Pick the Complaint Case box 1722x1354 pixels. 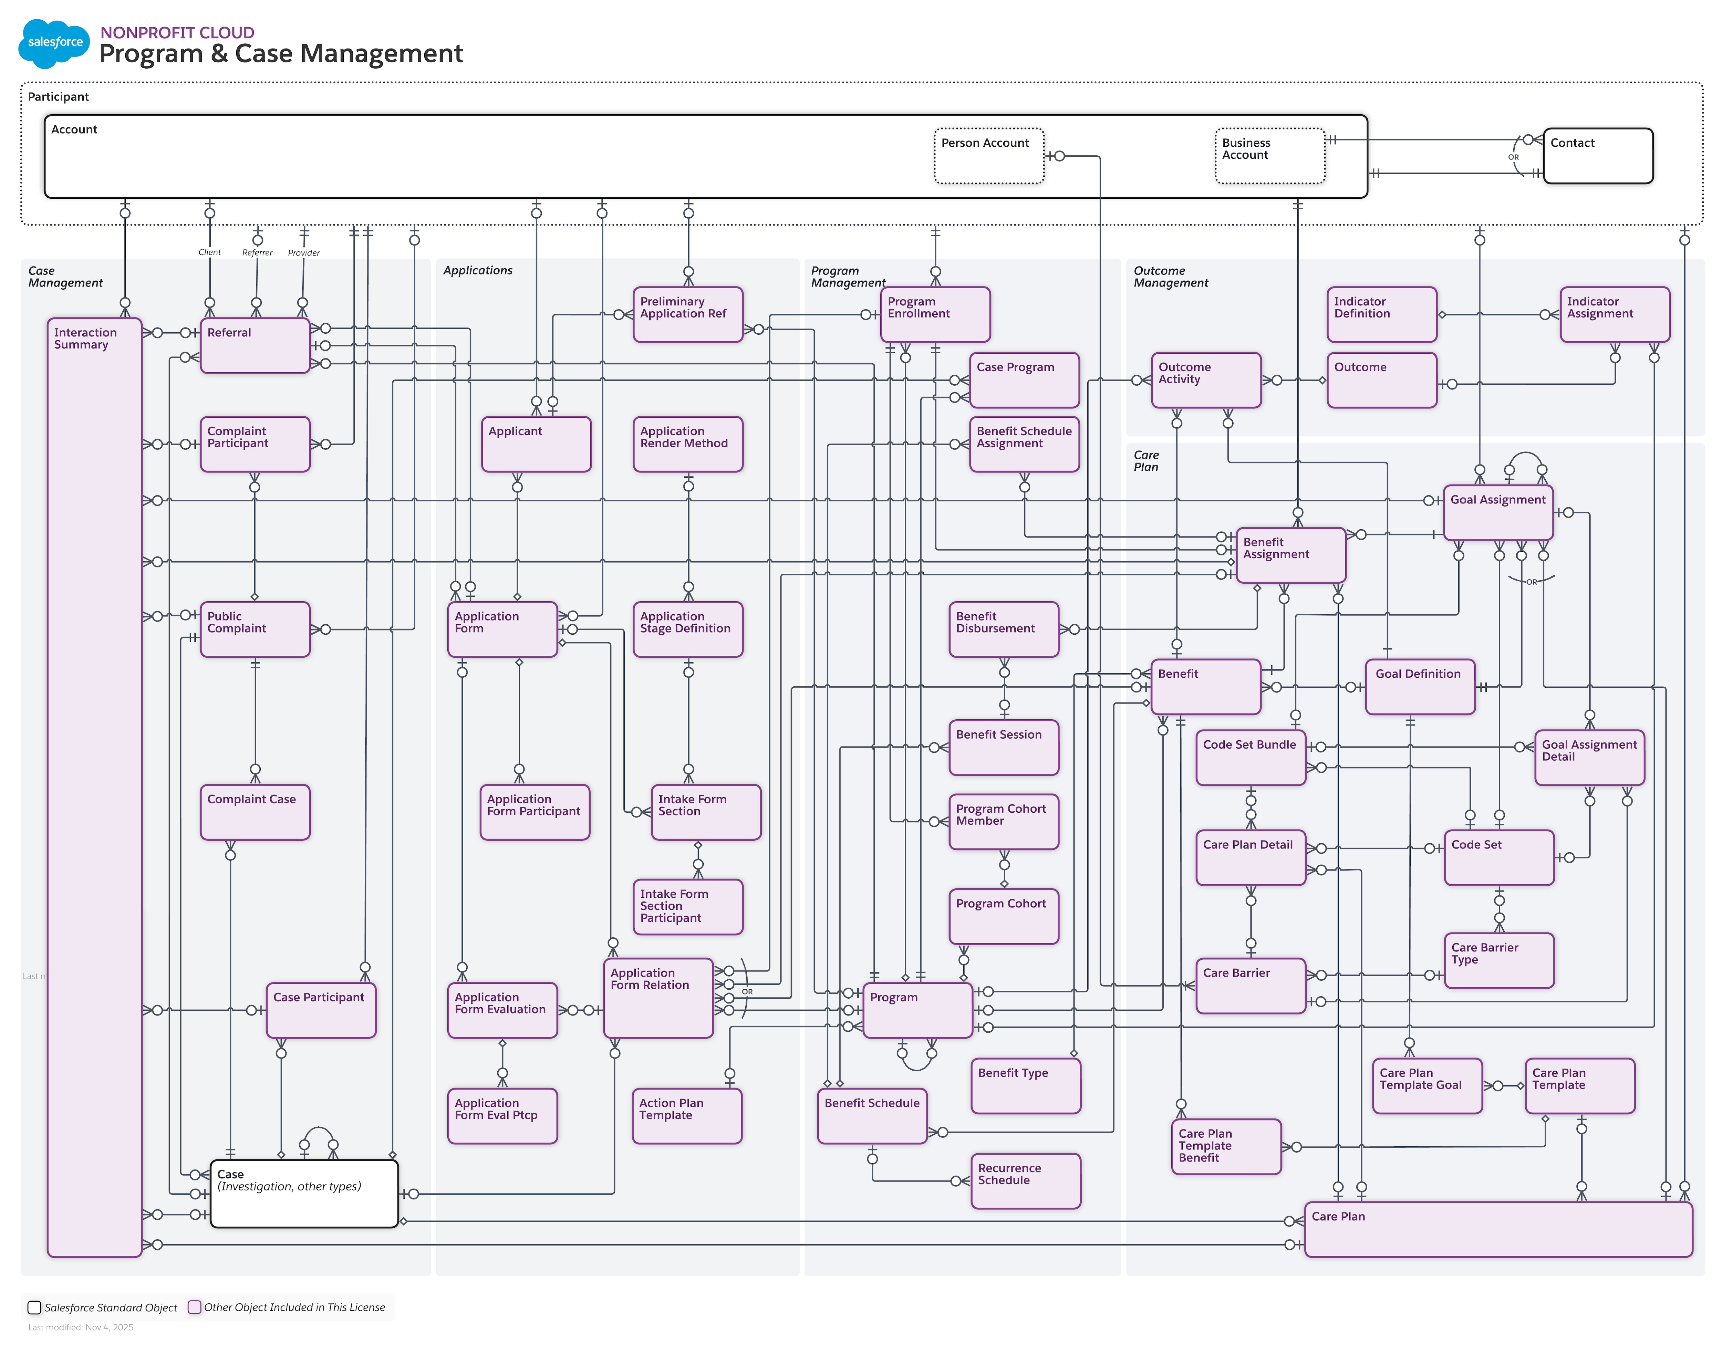click(x=255, y=812)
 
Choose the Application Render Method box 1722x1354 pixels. click(x=687, y=444)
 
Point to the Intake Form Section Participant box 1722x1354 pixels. click(x=687, y=906)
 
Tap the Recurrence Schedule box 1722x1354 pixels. click(x=1025, y=1180)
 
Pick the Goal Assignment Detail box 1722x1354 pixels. click(x=1589, y=757)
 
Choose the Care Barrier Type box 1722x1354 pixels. click(x=1498, y=960)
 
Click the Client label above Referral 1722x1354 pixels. click(x=209, y=252)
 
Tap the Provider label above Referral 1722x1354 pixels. click(x=304, y=253)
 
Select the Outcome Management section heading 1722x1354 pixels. click(x=1170, y=277)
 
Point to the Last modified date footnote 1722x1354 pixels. click(x=81, y=1327)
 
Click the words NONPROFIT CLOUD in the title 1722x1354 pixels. click(x=177, y=32)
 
